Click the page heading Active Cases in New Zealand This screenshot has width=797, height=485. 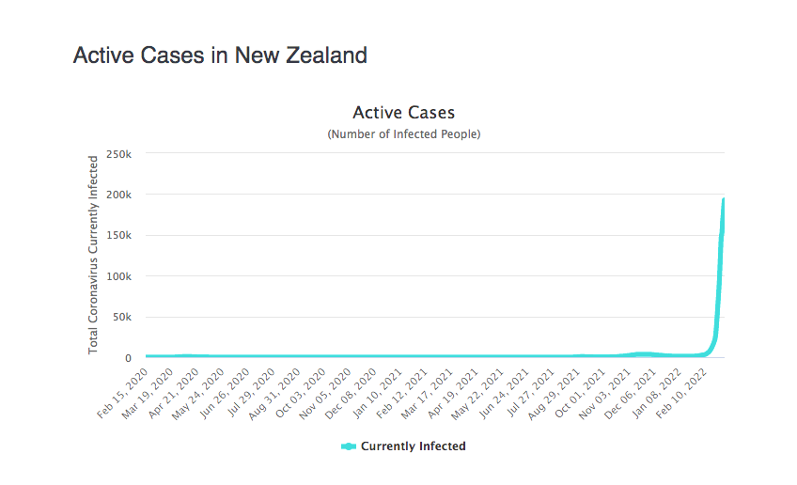pyautogui.click(x=220, y=55)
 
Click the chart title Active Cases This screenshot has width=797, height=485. pyautogui.click(x=403, y=113)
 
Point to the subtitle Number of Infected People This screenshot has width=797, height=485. pyautogui.click(x=403, y=134)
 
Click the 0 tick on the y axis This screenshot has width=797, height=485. pyautogui.click(x=127, y=358)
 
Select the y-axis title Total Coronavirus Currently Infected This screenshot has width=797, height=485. pyautogui.click(x=94, y=256)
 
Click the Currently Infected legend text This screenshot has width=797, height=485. pyautogui.click(x=413, y=446)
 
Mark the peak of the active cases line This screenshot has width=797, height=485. pyautogui.click(x=723, y=199)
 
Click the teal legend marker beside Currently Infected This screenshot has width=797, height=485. pyautogui.click(x=349, y=446)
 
